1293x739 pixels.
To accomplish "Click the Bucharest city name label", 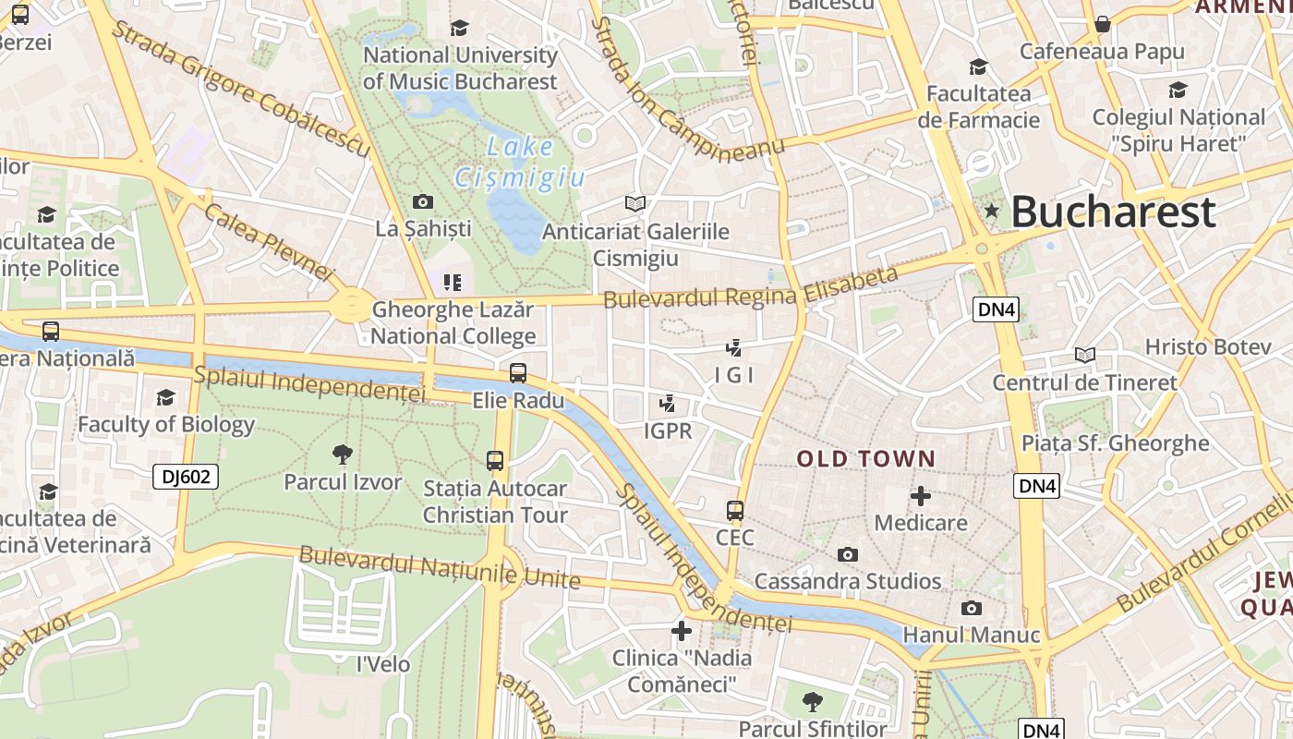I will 1113,212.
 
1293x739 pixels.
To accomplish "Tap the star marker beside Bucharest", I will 992,211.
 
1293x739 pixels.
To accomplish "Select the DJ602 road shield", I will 186,477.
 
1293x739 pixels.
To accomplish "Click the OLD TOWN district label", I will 866,458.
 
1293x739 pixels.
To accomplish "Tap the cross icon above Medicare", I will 920,496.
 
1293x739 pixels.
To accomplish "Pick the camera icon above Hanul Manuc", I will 971,608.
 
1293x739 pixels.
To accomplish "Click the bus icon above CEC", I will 735,510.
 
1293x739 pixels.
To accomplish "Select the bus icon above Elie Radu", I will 518,373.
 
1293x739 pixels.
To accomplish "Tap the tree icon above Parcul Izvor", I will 343,454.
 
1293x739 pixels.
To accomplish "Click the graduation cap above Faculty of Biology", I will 166,397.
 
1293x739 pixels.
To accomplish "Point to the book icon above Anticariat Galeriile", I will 634,203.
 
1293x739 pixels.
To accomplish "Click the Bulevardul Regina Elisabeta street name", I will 750,287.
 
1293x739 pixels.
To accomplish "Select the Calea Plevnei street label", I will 267,242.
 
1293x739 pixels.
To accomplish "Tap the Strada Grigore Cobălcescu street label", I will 240,86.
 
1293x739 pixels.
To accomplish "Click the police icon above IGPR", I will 667,404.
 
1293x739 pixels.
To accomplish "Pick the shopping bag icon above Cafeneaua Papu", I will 1102,24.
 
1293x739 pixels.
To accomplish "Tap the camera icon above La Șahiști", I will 423,201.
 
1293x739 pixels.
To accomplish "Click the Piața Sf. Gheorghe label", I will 1115,443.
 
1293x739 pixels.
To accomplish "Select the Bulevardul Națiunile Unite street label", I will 440,567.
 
